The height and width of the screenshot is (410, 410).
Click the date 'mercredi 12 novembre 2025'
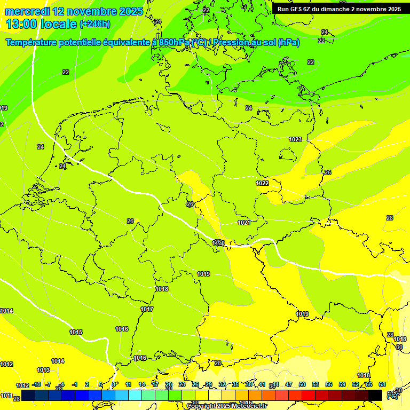pos(74,11)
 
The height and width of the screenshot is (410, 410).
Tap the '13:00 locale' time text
pos(41,24)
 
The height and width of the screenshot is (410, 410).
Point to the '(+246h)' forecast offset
pos(95,24)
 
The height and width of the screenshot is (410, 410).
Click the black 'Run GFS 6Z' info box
pos(339,9)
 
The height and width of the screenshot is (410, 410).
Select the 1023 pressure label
pos(295,139)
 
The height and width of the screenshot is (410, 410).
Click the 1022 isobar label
pos(262,183)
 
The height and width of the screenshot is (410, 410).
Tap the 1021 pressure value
pos(244,223)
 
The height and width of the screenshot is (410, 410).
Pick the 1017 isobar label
pos(147,310)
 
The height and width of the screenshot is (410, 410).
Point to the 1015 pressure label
pos(76,332)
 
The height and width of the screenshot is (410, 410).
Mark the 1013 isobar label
pos(43,370)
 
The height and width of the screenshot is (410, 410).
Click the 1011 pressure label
pos(6,396)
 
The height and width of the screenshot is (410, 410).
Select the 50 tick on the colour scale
pos(302,385)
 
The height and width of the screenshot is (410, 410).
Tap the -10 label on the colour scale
pos(36,385)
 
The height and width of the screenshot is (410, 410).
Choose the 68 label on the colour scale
pos(382,385)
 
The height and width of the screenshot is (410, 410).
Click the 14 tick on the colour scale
pos(142,385)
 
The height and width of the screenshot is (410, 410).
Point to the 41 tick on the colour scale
pos(262,385)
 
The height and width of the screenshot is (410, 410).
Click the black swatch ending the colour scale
pos(375,395)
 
